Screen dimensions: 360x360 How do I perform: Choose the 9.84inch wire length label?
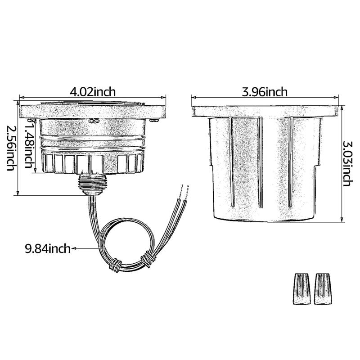(48, 248)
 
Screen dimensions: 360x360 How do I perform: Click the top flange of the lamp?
(92, 110)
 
